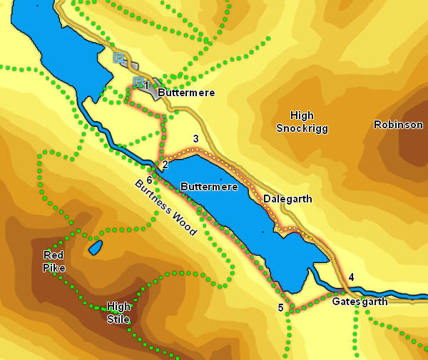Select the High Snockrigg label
point(295,121)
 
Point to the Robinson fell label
point(398,125)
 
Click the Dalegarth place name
point(287,199)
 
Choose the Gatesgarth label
point(360,302)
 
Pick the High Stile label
point(118,312)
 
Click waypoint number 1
point(146,86)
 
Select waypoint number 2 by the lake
point(165,165)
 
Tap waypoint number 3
point(195,139)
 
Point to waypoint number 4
point(351,277)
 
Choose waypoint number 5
point(280,307)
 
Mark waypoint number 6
point(149,179)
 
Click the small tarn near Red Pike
point(96,247)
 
